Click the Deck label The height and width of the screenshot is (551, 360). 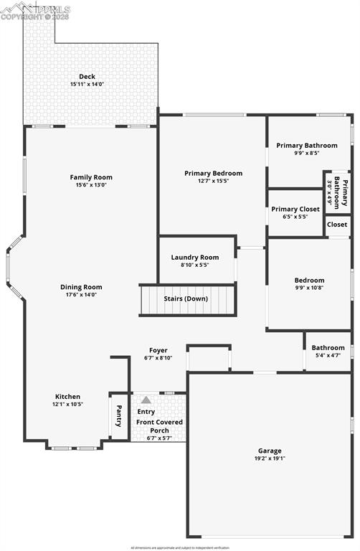(87, 77)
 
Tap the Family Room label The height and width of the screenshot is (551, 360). (91, 177)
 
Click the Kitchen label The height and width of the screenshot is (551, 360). (68, 396)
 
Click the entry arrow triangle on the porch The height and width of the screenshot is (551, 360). (146, 400)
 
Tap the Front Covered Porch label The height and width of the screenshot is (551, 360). (159, 426)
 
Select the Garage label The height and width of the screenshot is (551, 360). (270, 451)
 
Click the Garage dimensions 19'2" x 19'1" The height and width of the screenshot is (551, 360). (270, 458)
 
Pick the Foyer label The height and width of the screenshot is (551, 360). (158, 350)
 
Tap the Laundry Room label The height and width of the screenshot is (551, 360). (194, 257)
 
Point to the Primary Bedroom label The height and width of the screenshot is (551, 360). (213, 173)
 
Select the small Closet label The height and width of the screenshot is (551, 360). (337, 225)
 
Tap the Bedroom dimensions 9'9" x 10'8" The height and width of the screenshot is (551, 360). (309, 288)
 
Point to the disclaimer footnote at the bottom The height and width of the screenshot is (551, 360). (179, 547)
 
